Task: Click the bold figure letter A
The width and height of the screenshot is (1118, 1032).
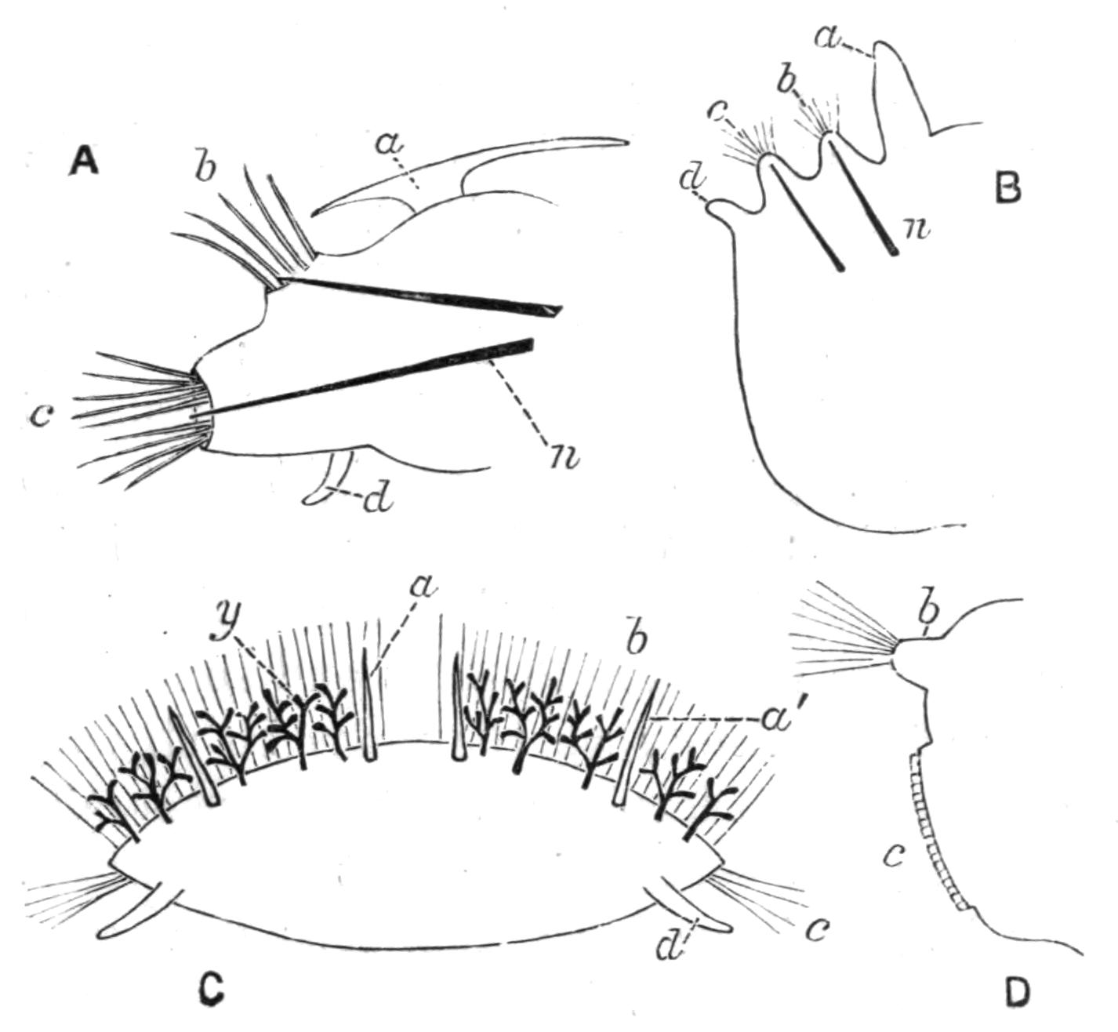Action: click(x=84, y=163)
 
